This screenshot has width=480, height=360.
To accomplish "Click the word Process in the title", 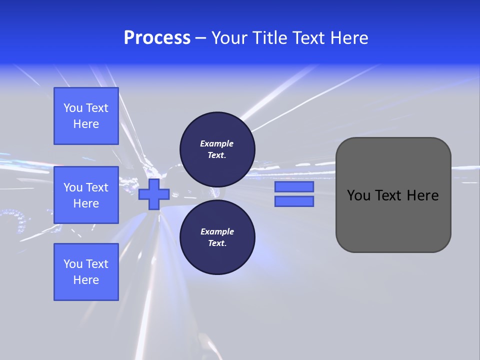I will (157, 38).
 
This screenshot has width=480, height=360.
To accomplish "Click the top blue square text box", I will (86, 116).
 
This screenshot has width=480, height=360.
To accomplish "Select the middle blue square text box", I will (86, 195).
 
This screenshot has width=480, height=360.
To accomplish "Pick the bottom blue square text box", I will (86, 272).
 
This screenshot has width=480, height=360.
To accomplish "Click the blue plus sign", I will (153, 194).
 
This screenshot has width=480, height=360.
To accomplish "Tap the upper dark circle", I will (217, 149).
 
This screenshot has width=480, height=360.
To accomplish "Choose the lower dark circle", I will (217, 237).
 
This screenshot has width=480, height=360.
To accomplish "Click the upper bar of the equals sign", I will (294, 187).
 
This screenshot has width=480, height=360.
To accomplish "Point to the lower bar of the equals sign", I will (294, 201).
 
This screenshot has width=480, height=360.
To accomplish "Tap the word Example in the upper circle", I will (217, 143).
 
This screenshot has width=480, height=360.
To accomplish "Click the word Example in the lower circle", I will (217, 231).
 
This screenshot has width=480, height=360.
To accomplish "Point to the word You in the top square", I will (73, 108).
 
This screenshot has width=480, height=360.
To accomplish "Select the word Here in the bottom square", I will (86, 280).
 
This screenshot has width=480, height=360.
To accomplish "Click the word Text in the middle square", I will (97, 187).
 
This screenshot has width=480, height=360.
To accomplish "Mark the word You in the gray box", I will (358, 195).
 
